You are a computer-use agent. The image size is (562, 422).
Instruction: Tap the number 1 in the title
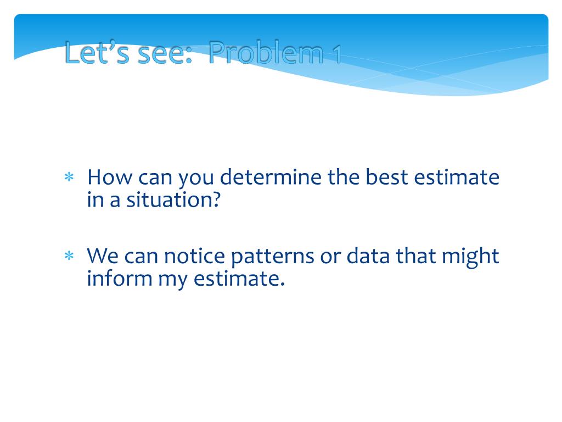(336, 54)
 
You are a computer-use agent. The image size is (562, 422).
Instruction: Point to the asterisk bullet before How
(69, 177)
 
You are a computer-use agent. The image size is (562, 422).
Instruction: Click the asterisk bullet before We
(69, 256)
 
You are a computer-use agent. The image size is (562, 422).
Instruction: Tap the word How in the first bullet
(110, 177)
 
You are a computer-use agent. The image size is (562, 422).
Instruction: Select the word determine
(270, 177)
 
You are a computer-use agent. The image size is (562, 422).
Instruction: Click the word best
(386, 177)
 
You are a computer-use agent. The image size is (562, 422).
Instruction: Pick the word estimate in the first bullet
(457, 177)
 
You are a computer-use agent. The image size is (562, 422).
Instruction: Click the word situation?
(173, 200)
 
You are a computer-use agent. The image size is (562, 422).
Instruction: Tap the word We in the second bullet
(102, 256)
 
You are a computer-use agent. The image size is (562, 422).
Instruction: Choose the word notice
(194, 256)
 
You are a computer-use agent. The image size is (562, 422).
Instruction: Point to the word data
(368, 256)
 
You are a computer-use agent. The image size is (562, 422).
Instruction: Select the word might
(470, 258)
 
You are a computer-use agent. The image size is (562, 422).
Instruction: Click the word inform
(120, 278)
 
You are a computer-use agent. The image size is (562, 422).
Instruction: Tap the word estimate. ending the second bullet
(239, 279)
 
